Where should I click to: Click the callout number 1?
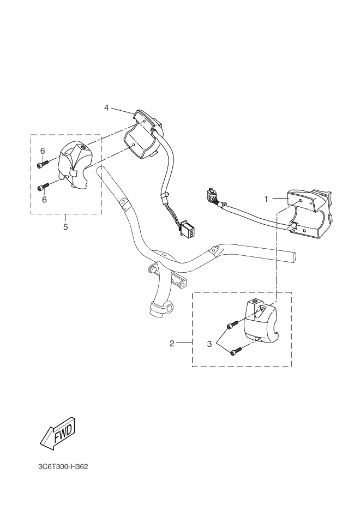click(x=266, y=199)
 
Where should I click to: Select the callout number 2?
click(x=172, y=344)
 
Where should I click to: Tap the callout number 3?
click(x=209, y=344)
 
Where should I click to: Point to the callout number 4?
click(x=106, y=107)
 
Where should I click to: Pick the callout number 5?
click(x=65, y=227)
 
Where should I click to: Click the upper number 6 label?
click(x=43, y=151)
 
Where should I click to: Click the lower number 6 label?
click(x=44, y=199)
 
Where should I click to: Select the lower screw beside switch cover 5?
click(x=43, y=187)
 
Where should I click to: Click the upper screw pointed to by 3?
click(x=232, y=325)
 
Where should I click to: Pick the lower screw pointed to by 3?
click(x=236, y=351)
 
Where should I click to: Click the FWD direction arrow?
click(x=58, y=434)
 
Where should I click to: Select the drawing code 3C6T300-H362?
click(x=63, y=467)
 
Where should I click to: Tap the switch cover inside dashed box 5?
click(x=75, y=166)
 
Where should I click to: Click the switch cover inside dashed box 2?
click(x=260, y=321)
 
